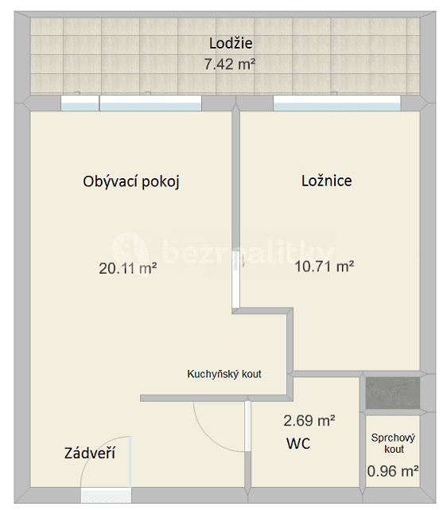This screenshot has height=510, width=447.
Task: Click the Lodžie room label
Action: coord(231,44)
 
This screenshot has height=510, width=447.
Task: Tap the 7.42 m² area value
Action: coord(229,64)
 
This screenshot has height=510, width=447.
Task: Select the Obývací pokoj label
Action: coord(131,181)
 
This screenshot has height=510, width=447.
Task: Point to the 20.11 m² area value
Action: coord(127,269)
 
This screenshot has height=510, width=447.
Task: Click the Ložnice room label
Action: coord(326,181)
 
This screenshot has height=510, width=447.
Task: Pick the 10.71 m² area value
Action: coord(324,267)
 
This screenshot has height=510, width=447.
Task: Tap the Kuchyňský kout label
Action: coord(224,374)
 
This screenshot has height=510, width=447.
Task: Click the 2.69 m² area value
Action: coord(309,420)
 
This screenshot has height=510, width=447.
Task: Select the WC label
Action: coord(298,443)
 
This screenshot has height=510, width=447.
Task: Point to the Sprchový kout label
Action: coord(393,443)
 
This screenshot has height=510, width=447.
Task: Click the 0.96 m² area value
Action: coord(393,471)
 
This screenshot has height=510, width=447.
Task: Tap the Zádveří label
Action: coord(90,454)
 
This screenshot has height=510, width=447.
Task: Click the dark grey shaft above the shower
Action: coord(392,392)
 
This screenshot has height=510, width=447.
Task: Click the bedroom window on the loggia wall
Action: coord(337,103)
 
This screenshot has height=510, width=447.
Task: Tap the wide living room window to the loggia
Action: coord(150,103)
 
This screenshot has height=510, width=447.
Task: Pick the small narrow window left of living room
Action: coord(80,103)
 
